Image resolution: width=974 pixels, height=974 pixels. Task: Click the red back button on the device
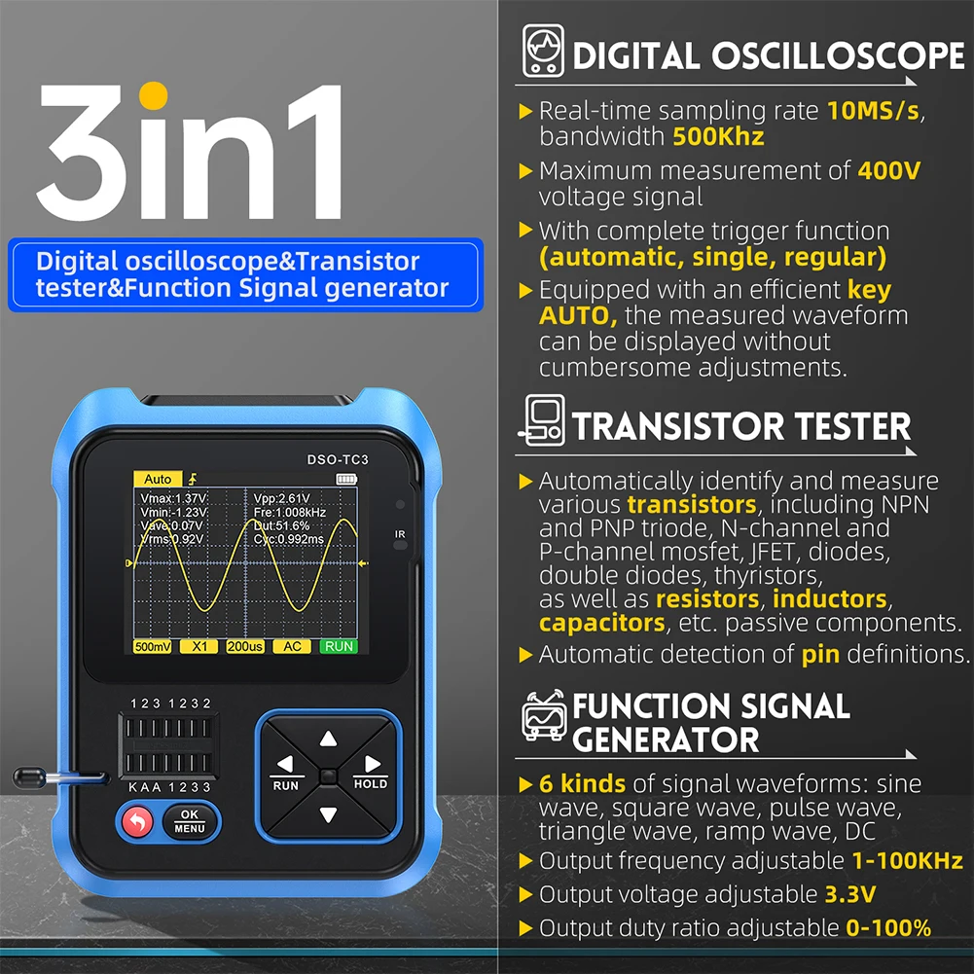pyautogui.click(x=135, y=823)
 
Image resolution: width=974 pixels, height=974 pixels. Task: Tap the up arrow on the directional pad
pyautogui.click(x=328, y=739)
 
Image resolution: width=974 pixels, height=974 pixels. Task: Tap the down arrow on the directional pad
pyautogui.click(x=328, y=815)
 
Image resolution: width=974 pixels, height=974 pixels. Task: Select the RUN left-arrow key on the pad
pyautogui.click(x=285, y=768)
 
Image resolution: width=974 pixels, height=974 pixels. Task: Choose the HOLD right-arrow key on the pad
pyautogui.click(x=371, y=768)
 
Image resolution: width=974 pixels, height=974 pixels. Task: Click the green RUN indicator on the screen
pyautogui.click(x=339, y=646)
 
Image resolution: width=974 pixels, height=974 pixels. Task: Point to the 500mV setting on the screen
pyautogui.click(x=153, y=646)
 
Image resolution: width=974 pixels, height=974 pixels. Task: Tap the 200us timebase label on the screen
pyautogui.click(x=244, y=646)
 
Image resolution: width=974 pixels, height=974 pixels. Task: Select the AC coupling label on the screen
pyautogui.click(x=291, y=646)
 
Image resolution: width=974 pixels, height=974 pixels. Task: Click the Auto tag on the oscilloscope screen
pyautogui.click(x=157, y=479)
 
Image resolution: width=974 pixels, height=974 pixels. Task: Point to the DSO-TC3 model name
pyautogui.click(x=338, y=459)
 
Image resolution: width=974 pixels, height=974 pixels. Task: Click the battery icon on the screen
pyautogui.click(x=346, y=479)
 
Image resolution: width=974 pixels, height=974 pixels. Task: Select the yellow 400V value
pyautogui.click(x=889, y=171)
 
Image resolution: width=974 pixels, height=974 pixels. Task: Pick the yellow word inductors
pyautogui.click(x=830, y=598)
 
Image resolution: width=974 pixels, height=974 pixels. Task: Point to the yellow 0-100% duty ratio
pyautogui.click(x=888, y=927)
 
